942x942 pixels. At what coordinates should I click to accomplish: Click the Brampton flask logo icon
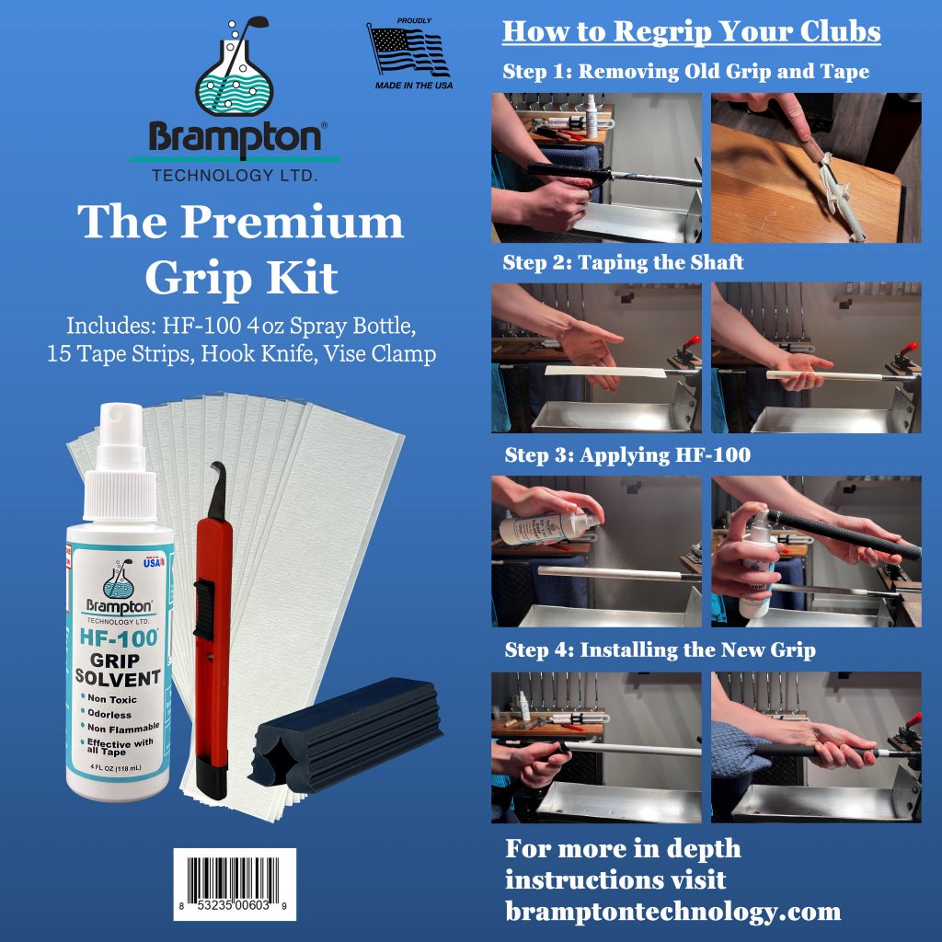235,69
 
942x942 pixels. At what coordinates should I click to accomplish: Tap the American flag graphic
407,51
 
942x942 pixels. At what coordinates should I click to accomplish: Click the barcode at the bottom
235,883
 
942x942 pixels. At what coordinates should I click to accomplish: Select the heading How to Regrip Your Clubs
691,31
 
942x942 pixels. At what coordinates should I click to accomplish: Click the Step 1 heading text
685,72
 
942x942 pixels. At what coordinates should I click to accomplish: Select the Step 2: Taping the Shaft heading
623,263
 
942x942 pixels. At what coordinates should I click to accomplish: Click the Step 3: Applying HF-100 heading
627,455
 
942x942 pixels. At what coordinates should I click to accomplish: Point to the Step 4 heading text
660,650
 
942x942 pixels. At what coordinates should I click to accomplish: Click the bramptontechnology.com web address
672,912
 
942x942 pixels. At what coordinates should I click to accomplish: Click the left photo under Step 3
596,551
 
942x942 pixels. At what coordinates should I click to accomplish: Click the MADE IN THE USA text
413,84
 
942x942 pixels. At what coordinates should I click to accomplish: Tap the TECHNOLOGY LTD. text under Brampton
235,175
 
